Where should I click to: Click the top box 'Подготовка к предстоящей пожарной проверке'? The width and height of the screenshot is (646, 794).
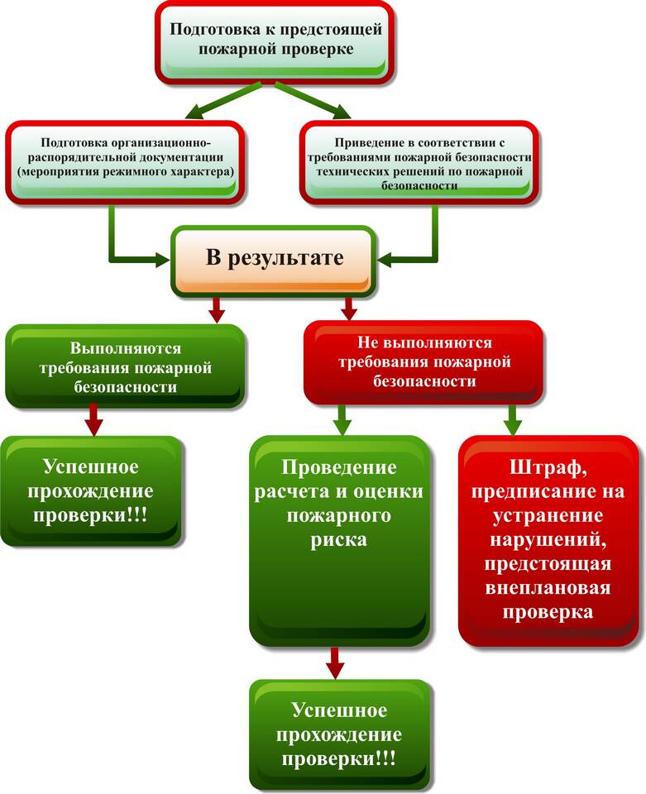[276, 40]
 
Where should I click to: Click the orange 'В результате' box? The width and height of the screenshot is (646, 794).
[274, 259]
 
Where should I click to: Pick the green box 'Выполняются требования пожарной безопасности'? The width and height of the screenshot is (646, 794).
[125, 366]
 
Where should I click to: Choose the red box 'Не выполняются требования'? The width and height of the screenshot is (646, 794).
[424, 362]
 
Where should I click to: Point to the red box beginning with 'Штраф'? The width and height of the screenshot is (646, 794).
[552, 541]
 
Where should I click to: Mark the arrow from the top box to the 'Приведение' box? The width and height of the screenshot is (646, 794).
[316, 99]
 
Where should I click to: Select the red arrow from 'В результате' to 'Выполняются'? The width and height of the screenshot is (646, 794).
[217, 309]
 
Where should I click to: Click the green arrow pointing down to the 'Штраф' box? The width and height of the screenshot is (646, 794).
[513, 420]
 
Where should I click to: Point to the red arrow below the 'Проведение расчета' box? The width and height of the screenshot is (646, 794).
[335, 662]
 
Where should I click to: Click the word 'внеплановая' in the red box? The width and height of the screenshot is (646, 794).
[552, 589]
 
